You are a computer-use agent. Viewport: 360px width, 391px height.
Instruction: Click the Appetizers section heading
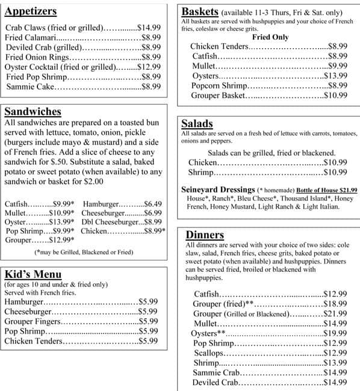(x=31, y=11)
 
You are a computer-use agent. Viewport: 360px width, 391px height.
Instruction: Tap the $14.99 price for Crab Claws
(x=149, y=28)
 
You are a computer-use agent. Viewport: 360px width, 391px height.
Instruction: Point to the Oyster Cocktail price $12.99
(x=149, y=67)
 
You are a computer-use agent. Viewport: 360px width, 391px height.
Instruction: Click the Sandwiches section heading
(x=33, y=112)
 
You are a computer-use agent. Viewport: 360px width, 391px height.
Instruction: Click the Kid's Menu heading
(x=33, y=274)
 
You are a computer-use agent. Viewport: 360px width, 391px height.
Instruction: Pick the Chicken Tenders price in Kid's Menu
(x=148, y=340)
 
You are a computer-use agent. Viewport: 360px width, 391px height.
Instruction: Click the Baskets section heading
(x=200, y=11)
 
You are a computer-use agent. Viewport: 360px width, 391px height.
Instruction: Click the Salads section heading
(x=197, y=123)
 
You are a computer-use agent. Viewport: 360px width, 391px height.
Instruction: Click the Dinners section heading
(x=205, y=235)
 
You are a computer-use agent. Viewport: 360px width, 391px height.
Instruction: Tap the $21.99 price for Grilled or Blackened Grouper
(x=335, y=313)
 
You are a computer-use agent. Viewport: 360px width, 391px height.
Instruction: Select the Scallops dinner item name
(x=210, y=353)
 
